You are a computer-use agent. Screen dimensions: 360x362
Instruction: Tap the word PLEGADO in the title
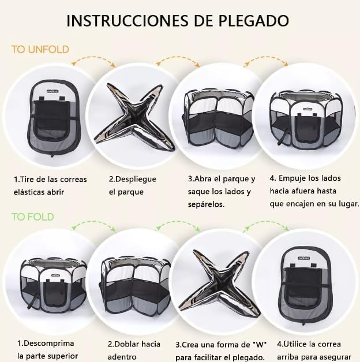pyautogui.click(x=253, y=21)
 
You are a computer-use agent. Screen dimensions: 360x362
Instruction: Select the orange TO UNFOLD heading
pyautogui.click(x=40, y=50)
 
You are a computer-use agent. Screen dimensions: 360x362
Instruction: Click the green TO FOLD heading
pyautogui.click(x=33, y=217)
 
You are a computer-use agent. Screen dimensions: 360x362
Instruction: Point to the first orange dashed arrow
pyautogui.click(x=93, y=58)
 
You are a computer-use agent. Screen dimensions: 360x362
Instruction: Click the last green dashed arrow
pyautogui.click(x=266, y=222)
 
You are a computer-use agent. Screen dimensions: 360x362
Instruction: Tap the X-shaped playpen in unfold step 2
pyautogui.click(x=134, y=117)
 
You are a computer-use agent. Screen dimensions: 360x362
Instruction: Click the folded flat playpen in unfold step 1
pyautogui.click(x=53, y=118)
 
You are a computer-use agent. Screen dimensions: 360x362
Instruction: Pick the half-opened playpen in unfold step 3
pyautogui.click(x=219, y=118)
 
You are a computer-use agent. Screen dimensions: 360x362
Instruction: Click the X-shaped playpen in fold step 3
pyautogui.click(x=219, y=283)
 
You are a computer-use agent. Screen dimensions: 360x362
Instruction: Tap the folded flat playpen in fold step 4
pyautogui.click(x=306, y=286)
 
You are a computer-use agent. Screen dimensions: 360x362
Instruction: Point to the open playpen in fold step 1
pyautogui.click(x=54, y=285)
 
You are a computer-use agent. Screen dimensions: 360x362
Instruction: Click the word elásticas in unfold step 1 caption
pyautogui.click(x=29, y=192)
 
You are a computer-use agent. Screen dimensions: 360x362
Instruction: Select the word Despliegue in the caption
pyautogui.click(x=136, y=180)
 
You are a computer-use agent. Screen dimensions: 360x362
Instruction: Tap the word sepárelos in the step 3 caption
pyautogui.click(x=206, y=204)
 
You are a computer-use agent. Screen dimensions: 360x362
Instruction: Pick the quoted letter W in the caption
pyautogui.click(x=260, y=345)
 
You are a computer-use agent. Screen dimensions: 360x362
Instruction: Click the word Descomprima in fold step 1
pyautogui.click(x=48, y=344)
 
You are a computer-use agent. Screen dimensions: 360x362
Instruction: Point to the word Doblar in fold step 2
pyautogui.click(x=127, y=344)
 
